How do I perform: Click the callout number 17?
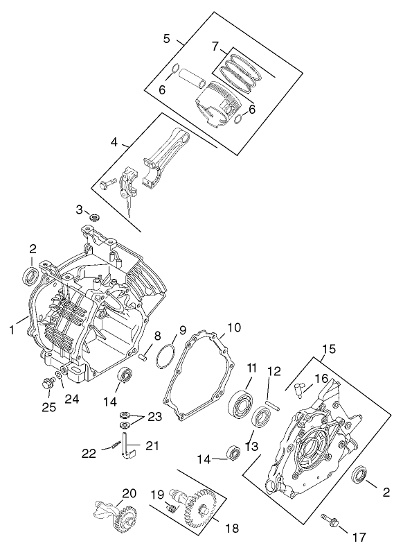pyautogui.click(x=359, y=536)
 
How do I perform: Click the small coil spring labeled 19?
pyautogui.click(x=169, y=509)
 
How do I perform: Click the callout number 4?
pyautogui.click(x=114, y=142)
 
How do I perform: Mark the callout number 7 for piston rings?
pyautogui.click(x=215, y=46)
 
